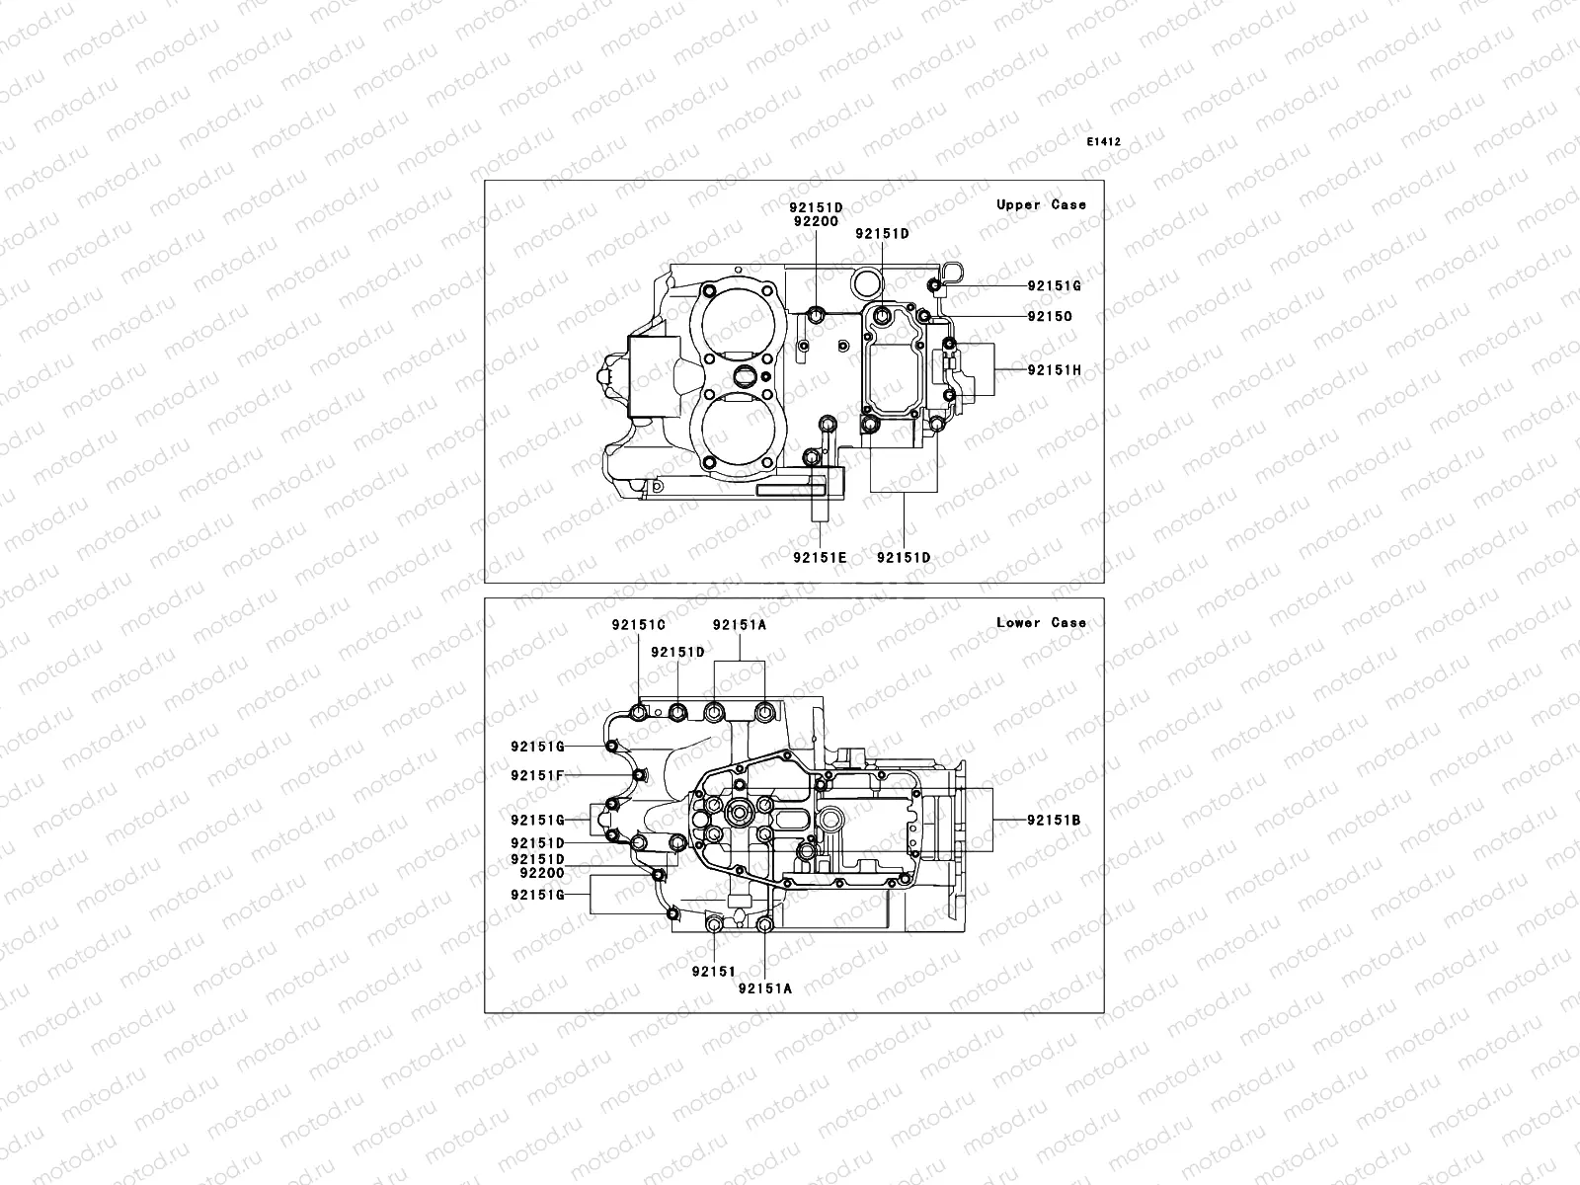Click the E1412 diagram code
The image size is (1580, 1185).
(x=1103, y=142)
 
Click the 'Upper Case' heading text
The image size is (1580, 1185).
(x=1041, y=204)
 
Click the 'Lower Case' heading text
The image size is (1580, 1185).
(x=1041, y=622)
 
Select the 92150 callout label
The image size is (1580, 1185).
(x=1049, y=317)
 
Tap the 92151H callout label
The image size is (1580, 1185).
(x=1054, y=370)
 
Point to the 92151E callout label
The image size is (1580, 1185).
(x=820, y=557)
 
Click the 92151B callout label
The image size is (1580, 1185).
(x=1054, y=820)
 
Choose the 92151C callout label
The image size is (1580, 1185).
(x=638, y=625)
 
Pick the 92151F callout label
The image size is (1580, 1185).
(x=537, y=775)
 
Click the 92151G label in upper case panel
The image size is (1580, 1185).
(x=1054, y=286)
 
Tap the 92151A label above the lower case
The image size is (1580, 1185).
(x=740, y=625)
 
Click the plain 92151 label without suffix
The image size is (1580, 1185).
(x=714, y=972)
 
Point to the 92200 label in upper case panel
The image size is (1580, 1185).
(x=815, y=222)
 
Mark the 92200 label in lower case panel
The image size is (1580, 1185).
(x=541, y=873)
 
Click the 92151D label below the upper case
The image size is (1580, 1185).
(x=904, y=557)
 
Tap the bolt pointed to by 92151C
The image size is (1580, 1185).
(x=640, y=714)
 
